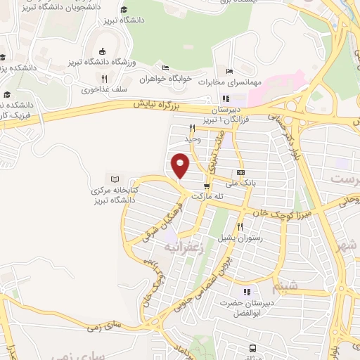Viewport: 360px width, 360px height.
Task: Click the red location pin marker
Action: tap(181, 165)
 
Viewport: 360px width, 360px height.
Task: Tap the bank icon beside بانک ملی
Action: tap(241, 172)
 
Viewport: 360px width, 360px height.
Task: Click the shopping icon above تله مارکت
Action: tap(206, 186)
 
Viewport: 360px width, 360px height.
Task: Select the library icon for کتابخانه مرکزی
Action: tap(116, 179)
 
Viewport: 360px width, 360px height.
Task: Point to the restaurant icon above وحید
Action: tap(191, 129)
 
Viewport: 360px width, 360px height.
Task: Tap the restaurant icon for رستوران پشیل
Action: tap(240, 227)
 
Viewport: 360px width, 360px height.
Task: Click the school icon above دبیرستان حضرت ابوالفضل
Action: tap(246, 292)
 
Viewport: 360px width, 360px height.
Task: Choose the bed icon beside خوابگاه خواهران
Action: tap(165, 68)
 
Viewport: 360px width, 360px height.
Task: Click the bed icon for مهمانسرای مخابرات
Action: tap(229, 71)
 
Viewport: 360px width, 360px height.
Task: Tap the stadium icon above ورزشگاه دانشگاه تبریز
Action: tap(103, 51)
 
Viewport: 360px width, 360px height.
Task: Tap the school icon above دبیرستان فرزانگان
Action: tap(226, 99)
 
